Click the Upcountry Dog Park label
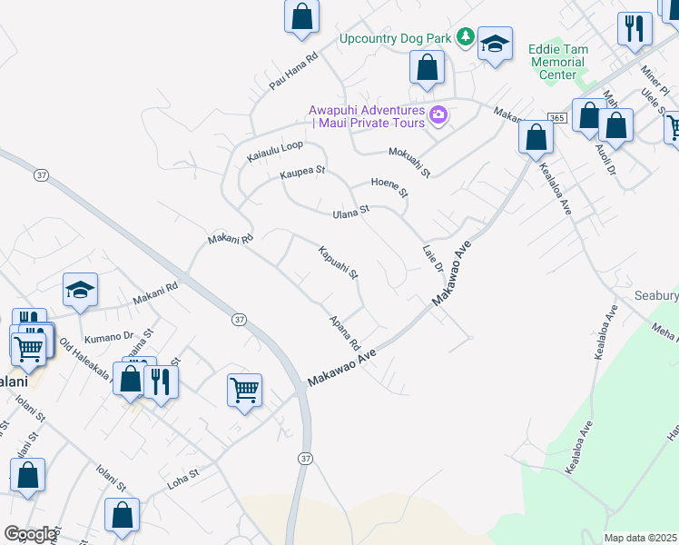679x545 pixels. coord(396,38)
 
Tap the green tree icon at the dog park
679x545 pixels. coord(466,36)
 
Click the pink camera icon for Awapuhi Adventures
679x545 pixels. coord(439,114)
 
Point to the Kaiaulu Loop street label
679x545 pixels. coord(275,152)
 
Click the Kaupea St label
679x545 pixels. coord(302,172)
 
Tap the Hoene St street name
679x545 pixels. coord(390,187)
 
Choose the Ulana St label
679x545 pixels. coord(351,212)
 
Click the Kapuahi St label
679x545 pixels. coord(339,262)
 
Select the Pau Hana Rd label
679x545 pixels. coord(292,71)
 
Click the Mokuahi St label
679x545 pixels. coord(409,162)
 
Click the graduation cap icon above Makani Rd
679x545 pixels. coord(80,290)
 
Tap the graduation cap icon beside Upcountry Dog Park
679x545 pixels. coord(495,44)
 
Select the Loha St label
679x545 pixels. coord(182,479)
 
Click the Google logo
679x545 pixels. coord(30,535)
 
